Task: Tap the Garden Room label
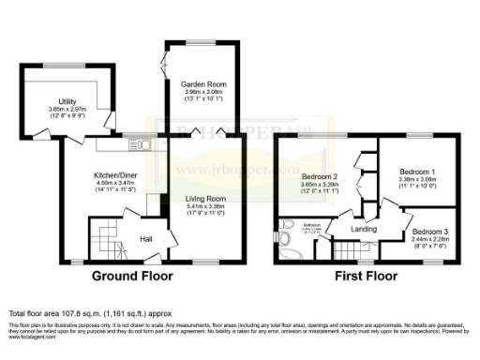(202, 83)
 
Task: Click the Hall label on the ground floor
(147, 239)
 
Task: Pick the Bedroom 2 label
(320, 177)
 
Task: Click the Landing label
(365, 228)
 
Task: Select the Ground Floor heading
(136, 277)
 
